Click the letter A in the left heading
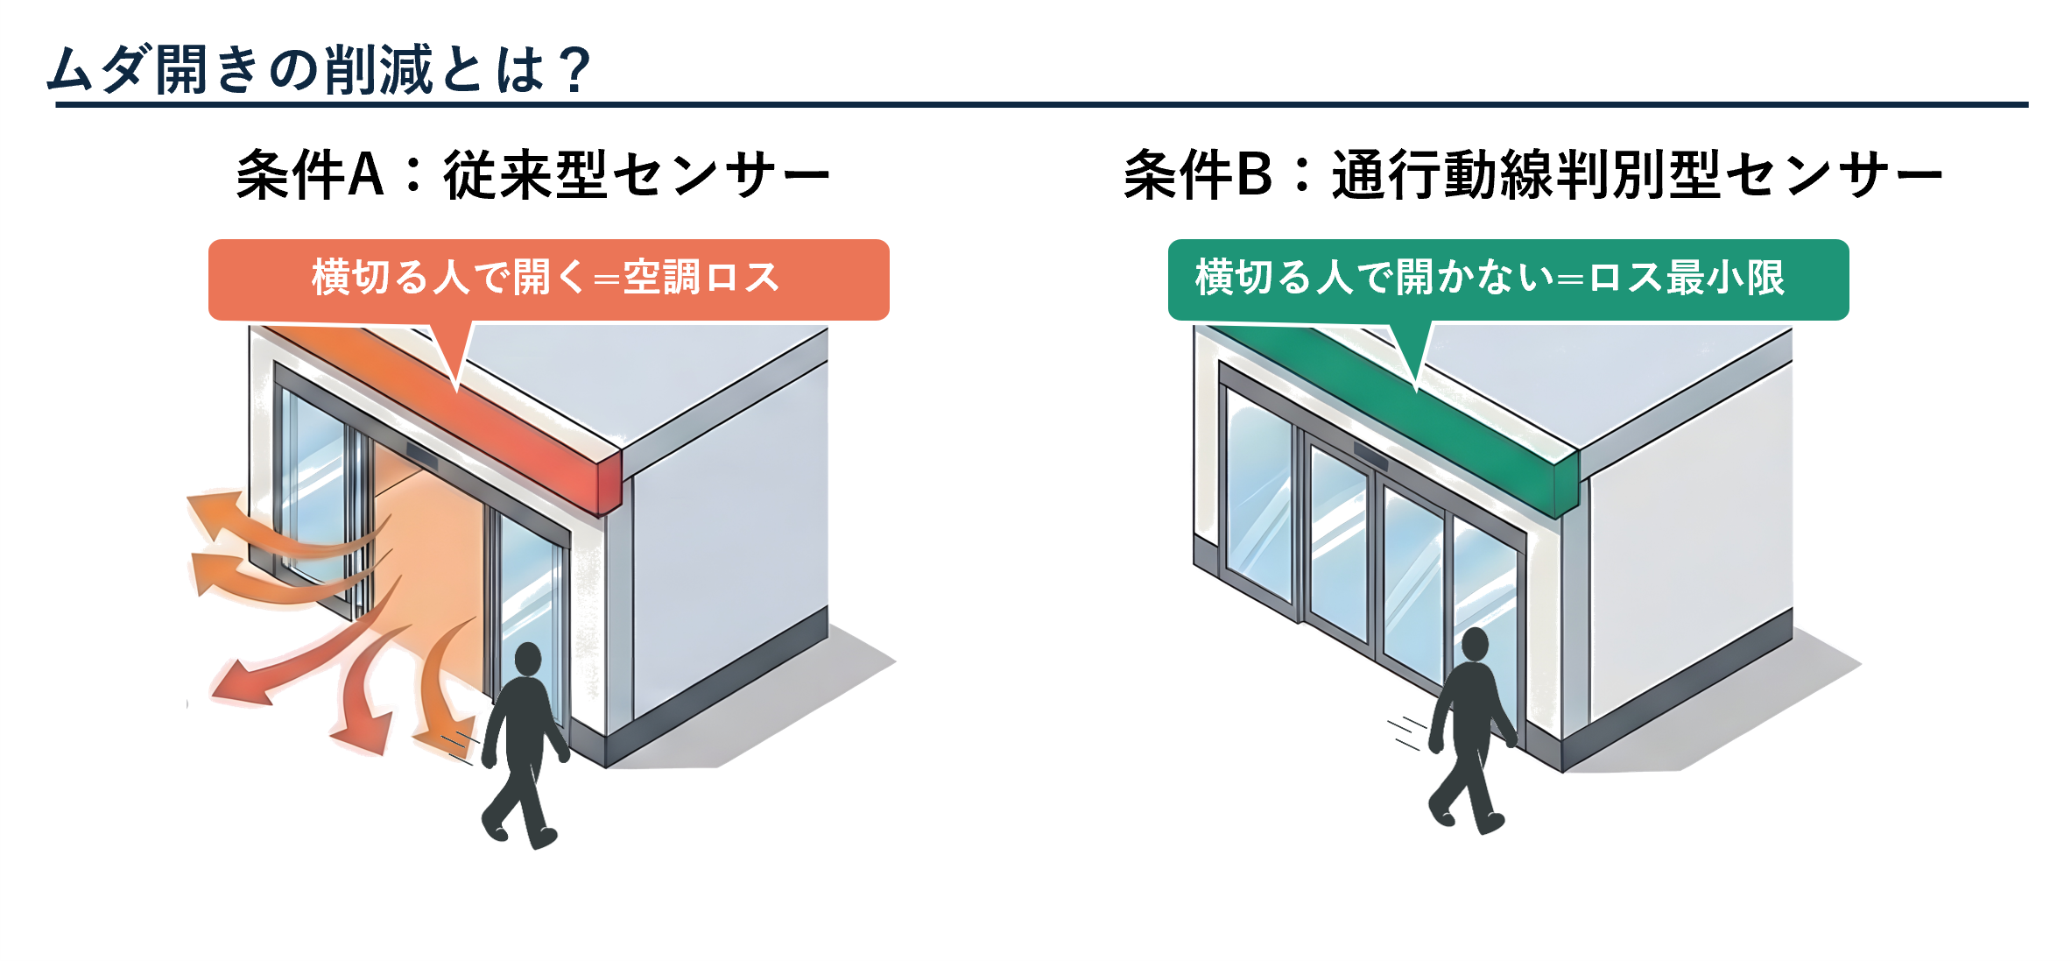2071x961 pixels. coord(366,174)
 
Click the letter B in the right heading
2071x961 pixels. coord(1253,174)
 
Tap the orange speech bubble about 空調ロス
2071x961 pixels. coord(548,279)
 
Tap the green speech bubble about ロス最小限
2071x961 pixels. coord(1508,279)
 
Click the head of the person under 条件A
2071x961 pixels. coord(528,659)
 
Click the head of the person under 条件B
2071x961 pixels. coord(1476,644)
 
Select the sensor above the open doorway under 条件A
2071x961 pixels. coord(421,456)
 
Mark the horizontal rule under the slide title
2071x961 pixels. coord(1042,105)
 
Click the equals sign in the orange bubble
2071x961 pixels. coord(606,279)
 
